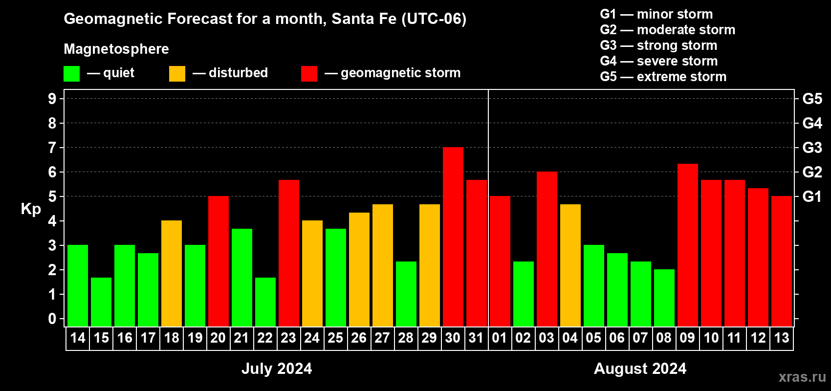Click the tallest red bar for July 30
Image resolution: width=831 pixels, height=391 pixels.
point(453,237)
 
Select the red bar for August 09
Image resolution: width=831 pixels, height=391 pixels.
point(688,245)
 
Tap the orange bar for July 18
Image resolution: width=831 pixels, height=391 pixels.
point(172,274)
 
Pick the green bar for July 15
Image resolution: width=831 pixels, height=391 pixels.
point(101,302)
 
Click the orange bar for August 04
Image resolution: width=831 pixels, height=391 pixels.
point(570,265)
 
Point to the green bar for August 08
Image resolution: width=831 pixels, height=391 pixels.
point(664,298)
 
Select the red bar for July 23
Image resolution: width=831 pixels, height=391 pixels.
point(289,253)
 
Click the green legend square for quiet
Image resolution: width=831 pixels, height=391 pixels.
point(72,74)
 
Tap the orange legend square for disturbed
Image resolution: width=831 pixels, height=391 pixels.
point(177,74)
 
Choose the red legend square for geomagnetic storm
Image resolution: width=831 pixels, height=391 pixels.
point(309,74)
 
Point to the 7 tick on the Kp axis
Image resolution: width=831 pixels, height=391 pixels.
point(52,148)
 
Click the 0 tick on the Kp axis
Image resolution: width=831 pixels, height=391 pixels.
point(52,319)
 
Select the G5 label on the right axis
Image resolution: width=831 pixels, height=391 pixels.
point(812,99)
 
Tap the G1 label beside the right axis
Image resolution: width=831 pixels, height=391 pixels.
point(812,196)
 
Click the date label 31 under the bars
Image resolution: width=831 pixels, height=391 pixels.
point(476,338)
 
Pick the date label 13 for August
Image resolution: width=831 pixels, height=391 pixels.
point(782,338)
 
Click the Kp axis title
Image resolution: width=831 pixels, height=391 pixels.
point(31,209)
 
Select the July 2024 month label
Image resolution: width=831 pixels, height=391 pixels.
point(277,369)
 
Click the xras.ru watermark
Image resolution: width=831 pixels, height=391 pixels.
point(802,376)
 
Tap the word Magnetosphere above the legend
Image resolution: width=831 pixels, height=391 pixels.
point(116,49)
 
